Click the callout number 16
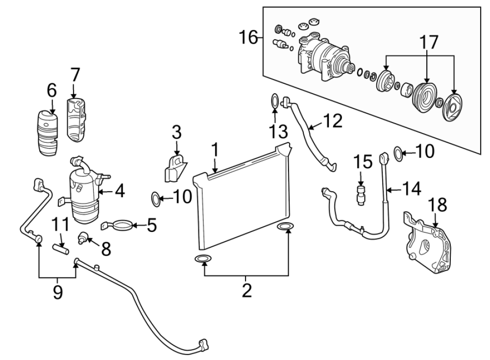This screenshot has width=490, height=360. [248, 37]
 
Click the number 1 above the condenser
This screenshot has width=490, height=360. [214, 149]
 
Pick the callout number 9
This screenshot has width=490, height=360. [58, 293]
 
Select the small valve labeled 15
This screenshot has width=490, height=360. [361, 193]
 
